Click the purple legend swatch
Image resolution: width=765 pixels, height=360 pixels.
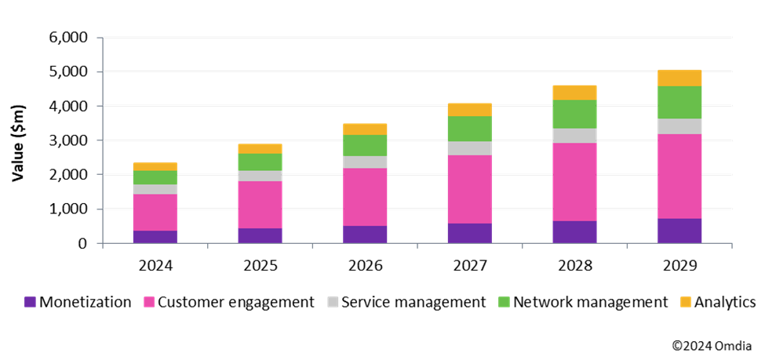click(30, 302)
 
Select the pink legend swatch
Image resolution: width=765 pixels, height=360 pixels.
click(149, 302)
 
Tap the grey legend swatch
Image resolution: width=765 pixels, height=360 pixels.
click(333, 302)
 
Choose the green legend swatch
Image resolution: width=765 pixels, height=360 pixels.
click(505, 302)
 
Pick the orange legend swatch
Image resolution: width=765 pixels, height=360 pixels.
click(686, 302)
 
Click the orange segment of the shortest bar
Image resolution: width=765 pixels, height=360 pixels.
click(155, 166)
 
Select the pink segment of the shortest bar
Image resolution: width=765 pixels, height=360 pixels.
click(155, 213)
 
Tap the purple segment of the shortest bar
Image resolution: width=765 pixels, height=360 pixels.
click(155, 237)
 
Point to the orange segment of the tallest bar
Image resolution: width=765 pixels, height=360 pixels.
click(679, 78)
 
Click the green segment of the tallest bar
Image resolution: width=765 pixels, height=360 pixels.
click(679, 103)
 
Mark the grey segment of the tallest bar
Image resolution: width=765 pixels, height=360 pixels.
click(679, 126)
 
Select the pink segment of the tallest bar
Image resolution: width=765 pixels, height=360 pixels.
click(679, 176)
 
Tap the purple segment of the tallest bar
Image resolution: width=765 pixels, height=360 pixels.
click(679, 231)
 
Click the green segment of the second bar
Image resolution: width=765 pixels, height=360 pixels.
click(260, 162)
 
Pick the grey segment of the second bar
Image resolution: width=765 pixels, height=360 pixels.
click(260, 176)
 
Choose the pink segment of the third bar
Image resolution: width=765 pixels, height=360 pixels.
click(365, 197)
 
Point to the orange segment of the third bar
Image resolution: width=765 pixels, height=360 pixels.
click(365, 129)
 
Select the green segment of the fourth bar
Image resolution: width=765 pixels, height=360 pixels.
click(470, 129)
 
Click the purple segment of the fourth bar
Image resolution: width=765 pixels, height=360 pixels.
click(470, 233)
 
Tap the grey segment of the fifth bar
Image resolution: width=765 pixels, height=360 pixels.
click(575, 136)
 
